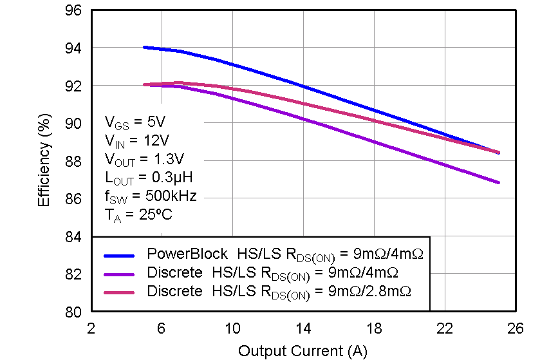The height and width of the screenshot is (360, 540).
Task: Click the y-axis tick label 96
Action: (73, 10)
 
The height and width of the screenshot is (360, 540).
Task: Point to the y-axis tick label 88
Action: (73, 161)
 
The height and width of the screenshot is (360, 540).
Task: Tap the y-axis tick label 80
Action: (73, 312)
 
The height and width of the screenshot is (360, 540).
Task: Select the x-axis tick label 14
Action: (303, 328)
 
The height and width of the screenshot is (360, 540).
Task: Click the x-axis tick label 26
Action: (515, 328)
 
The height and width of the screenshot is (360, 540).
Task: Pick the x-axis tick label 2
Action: (91, 328)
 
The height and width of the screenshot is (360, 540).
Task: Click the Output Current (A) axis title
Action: (303, 351)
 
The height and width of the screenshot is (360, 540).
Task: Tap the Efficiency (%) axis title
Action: (44, 161)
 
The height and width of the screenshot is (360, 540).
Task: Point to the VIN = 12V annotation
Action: (138, 140)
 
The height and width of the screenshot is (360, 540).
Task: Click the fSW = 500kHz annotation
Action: (150, 196)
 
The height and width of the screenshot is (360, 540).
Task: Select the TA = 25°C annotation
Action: (138, 214)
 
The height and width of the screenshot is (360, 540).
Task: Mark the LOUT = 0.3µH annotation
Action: (148, 177)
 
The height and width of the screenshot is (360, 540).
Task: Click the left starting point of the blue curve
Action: (144, 47)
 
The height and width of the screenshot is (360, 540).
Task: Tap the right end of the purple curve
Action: (498, 182)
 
